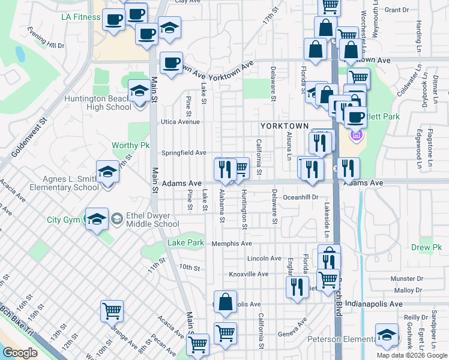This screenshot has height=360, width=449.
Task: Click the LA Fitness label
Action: (80, 17)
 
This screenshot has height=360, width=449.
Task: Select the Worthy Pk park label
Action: (130, 145)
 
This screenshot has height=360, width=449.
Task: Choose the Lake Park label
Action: (185, 243)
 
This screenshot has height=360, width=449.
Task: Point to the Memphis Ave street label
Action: (232, 244)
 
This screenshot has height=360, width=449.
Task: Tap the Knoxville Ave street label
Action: (249, 274)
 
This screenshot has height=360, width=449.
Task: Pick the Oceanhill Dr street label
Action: (300, 197)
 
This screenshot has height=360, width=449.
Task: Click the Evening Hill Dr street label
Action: (47, 41)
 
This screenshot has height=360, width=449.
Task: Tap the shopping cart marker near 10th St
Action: (112, 311)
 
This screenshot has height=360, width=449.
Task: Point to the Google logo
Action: (20, 353)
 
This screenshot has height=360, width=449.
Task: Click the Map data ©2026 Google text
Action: (412, 355)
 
